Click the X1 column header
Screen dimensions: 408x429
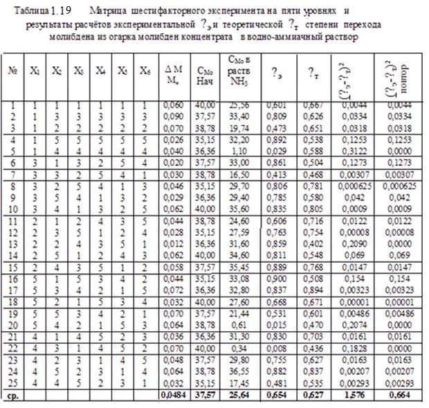click(x=35, y=71)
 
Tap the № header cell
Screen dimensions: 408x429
click(x=12, y=71)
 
